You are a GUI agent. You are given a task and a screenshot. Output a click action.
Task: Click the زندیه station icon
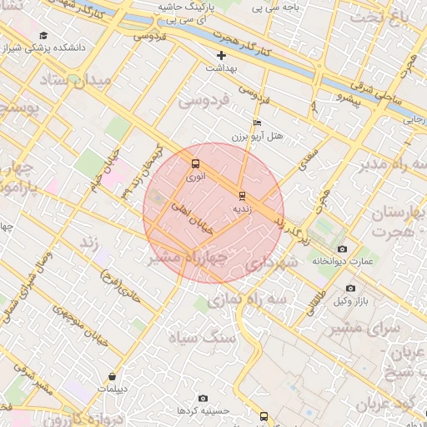coord(242,196)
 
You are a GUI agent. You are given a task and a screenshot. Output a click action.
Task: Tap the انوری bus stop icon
coord(195,164)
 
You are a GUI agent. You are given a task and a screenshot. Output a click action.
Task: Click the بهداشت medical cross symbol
coord(221,55)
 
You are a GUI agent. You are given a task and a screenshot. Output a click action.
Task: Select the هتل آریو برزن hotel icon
coord(257,123)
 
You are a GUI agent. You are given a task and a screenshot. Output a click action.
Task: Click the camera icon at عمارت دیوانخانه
coord(342,249)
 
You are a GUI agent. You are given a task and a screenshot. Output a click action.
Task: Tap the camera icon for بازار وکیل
coord(349,289)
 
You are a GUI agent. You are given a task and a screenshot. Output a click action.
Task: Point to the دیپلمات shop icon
coord(112,377)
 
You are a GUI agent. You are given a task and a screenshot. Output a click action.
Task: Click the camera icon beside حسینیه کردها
coord(203,399)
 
